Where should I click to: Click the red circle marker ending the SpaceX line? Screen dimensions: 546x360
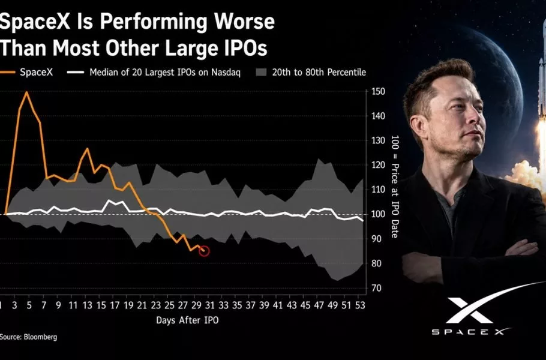(205, 251)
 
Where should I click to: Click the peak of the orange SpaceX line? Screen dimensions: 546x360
(26, 92)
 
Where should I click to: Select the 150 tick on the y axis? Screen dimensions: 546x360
(379, 92)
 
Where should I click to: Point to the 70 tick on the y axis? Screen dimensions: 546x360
(376, 288)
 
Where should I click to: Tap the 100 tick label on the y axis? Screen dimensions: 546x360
(379, 214)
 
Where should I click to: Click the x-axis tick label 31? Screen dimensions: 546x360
(209, 305)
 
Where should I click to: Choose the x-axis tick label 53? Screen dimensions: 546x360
(360, 305)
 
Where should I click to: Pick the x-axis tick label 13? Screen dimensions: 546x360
(88, 305)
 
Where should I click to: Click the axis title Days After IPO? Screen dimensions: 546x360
(187, 320)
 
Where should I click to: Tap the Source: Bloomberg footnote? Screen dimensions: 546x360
(28, 337)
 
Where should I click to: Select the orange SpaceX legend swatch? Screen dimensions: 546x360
(7, 73)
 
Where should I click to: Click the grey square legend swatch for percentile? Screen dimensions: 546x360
(261, 73)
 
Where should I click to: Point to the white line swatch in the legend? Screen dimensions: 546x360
(76, 73)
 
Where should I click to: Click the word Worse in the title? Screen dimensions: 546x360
(244, 22)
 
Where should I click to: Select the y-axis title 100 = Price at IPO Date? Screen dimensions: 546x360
(395, 187)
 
